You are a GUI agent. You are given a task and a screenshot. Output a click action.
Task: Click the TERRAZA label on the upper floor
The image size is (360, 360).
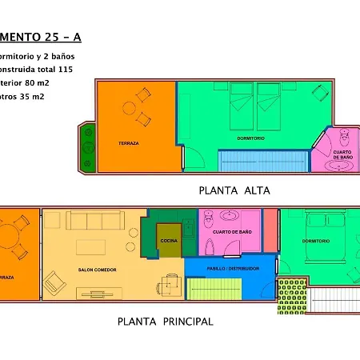click(128, 143)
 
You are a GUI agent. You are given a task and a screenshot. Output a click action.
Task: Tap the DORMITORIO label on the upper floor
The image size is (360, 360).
click(250, 138)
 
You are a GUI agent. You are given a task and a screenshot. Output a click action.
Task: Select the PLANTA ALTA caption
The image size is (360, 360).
click(234, 190)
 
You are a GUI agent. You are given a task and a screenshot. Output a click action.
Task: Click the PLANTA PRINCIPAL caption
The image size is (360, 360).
click(165, 322)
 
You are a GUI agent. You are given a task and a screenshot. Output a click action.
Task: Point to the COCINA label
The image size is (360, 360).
click(168, 240)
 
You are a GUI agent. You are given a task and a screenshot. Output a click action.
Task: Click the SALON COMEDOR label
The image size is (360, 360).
click(97, 270)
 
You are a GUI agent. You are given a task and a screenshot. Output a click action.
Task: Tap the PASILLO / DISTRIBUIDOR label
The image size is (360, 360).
click(233, 269)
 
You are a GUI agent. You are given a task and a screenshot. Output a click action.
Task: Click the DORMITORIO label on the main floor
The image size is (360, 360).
click(316, 240)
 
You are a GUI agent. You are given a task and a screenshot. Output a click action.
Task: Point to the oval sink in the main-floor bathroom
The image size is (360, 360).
click(230, 216)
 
